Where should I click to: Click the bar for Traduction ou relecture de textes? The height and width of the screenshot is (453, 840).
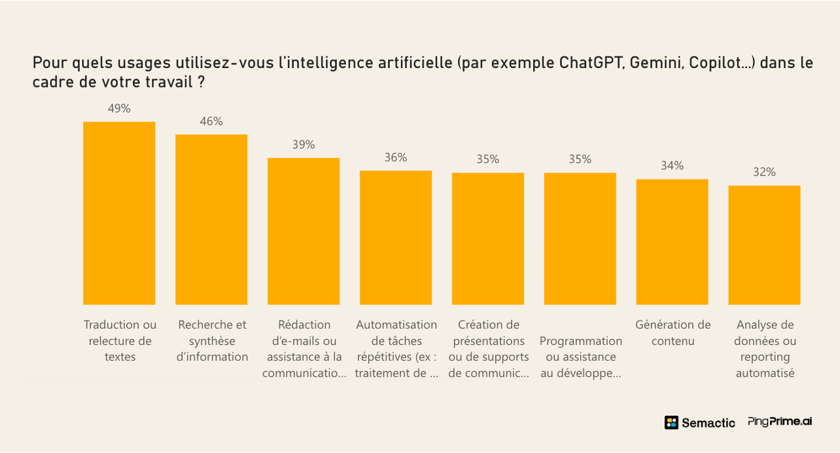(x=119, y=213)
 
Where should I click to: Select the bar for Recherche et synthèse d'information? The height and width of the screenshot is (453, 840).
(x=211, y=220)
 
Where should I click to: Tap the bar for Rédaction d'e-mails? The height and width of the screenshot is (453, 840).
(x=304, y=232)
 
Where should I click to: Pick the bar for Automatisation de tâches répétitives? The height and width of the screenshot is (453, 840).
(x=396, y=238)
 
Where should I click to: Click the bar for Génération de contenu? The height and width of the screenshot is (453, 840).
(x=673, y=242)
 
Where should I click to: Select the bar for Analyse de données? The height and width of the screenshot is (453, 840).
(x=764, y=245)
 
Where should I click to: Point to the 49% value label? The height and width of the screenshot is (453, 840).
(x=119, y=109)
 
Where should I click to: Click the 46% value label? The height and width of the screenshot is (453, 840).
(x=211, y=121)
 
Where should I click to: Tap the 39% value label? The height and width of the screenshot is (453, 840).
(x=304, y=145)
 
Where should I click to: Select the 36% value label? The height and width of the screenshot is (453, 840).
(x=396, y=157)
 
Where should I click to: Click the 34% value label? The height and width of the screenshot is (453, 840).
(x=673, y=166)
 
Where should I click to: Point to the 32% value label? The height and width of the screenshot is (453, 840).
(x=764, y=172)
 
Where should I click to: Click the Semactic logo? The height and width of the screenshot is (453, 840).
(x=700, y=422)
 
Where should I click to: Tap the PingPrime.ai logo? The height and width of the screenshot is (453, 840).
(x=780, y=422)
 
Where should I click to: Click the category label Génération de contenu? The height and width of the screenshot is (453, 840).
(x=673, y=333)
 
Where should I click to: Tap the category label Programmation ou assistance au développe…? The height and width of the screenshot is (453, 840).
(x=580, y=357)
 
